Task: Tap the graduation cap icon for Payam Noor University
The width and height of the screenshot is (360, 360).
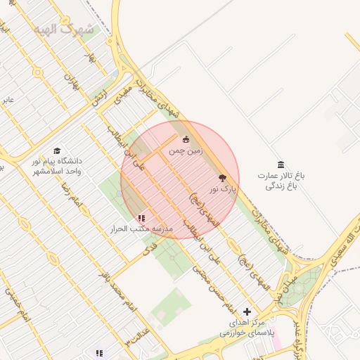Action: [57, 151]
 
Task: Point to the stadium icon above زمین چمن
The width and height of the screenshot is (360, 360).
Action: [186, 139]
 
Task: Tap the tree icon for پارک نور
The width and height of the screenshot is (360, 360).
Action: [223, 179]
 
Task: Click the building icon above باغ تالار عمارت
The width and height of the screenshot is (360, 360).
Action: [281, 165]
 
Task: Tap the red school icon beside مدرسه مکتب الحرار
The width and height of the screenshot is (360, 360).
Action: [141, 219]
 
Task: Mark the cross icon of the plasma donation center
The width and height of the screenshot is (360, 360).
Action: [247, 311]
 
